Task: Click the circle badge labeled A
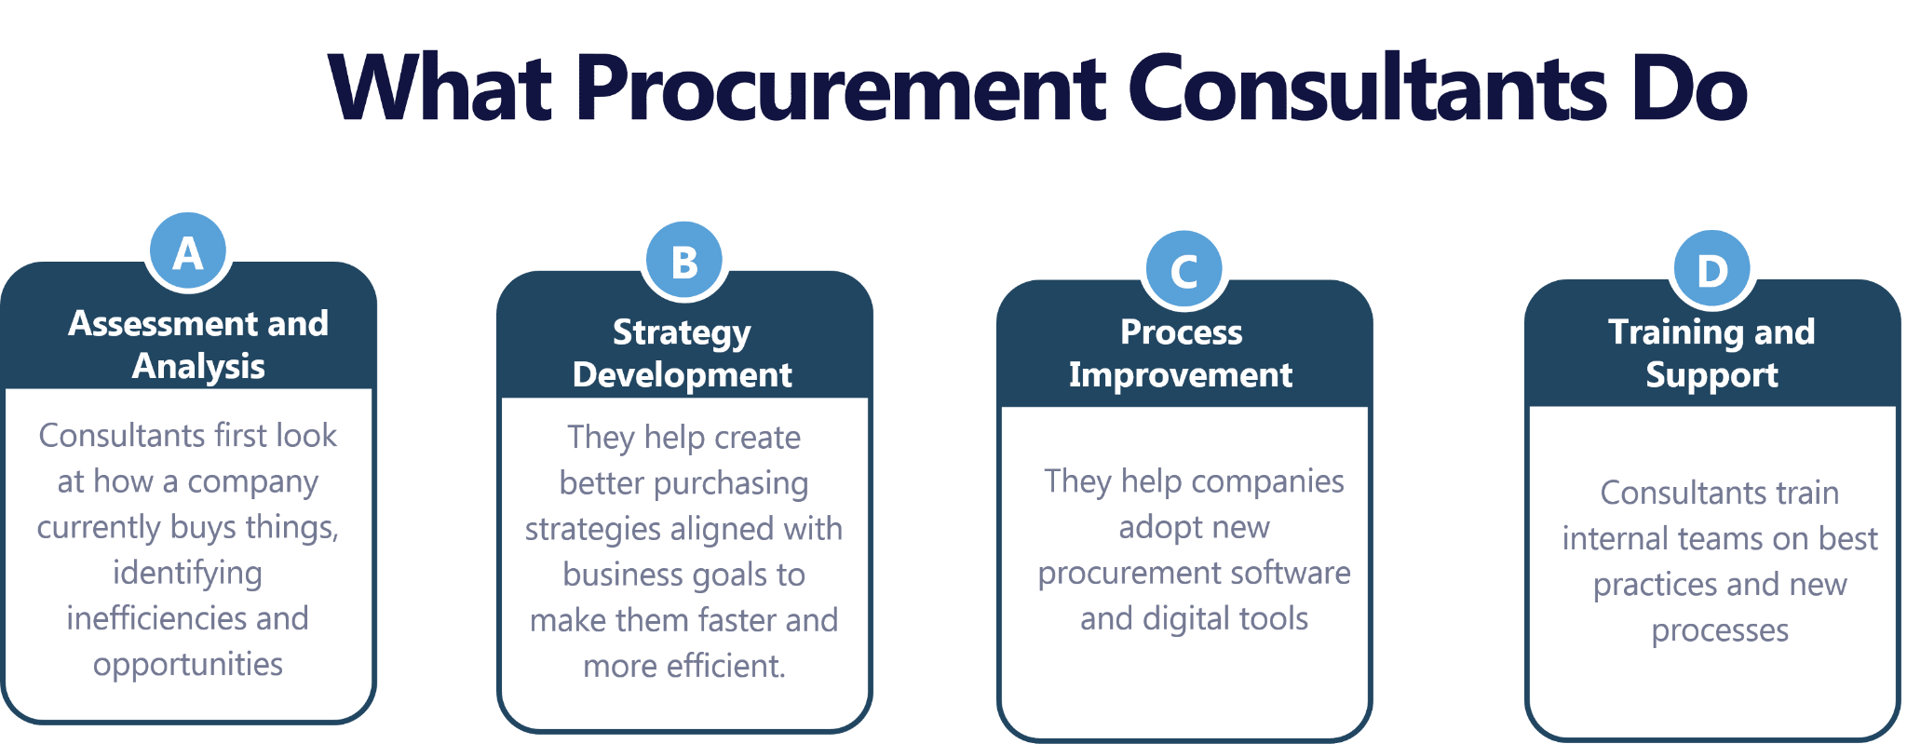188,253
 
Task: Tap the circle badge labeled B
684,262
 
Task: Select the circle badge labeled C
1183,271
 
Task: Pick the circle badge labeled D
1711,271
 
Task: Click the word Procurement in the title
842,88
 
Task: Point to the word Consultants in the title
1368,88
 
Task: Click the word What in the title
441,88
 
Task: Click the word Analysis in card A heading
198,366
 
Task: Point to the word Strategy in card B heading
682,332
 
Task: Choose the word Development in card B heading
683,374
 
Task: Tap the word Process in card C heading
1181,331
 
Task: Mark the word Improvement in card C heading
1181,374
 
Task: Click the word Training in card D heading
1671,331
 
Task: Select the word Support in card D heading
1711,374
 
